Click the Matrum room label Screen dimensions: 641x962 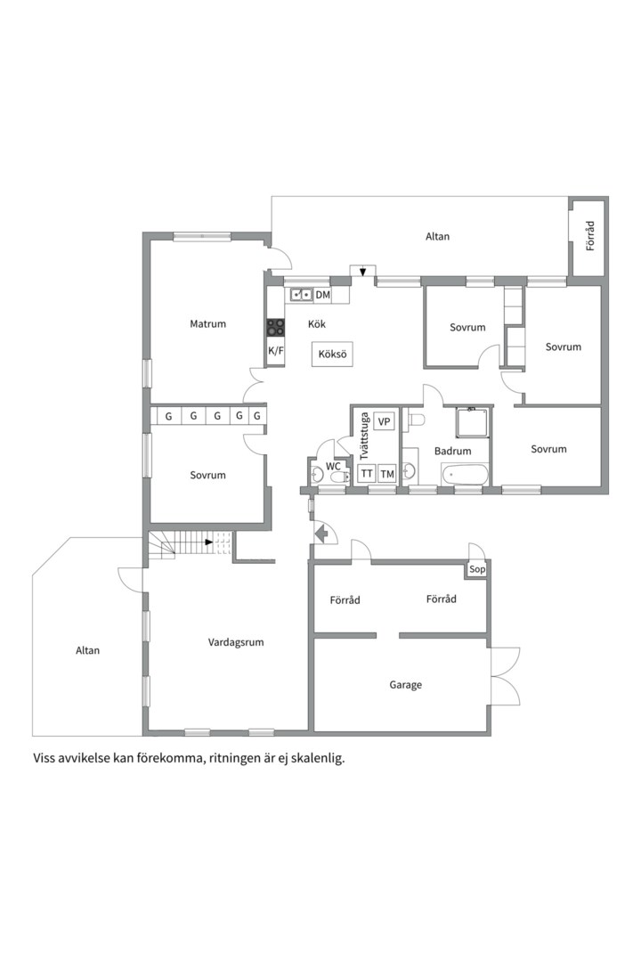(208, 324)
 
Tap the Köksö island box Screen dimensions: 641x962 (332, 355)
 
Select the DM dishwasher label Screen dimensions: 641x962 (322, 295)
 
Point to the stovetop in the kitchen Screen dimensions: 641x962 (275, 328)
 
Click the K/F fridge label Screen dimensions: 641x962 (276, 351)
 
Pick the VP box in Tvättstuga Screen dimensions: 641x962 (384, 421)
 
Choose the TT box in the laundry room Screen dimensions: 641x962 (367, 474)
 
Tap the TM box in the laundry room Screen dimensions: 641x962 (386, 474)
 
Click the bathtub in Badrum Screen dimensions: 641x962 (465, 474)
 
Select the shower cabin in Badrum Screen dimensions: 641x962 (473, 422)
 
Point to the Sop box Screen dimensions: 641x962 (476, 569)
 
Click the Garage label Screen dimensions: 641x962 (405, 685)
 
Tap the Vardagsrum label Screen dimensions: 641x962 (236, 642)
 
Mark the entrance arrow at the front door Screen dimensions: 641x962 (320, 534)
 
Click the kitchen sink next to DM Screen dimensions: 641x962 (302, 295)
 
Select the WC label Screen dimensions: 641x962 (333, 466)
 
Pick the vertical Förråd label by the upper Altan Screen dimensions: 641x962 (590, 236)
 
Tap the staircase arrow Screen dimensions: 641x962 (209, 542)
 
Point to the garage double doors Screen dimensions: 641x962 (505, 676)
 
